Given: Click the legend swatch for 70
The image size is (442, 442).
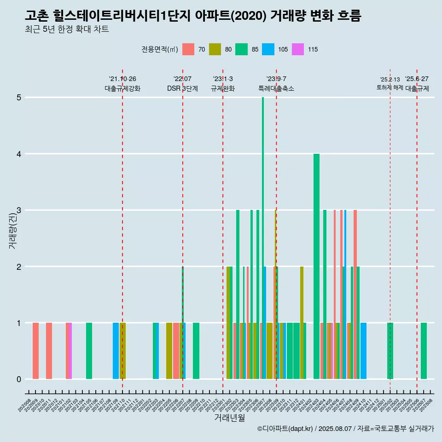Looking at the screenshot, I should coord(188,49).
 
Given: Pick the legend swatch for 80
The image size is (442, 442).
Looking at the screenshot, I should coord(215,49).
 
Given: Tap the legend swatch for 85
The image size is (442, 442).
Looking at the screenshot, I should coord(241,49).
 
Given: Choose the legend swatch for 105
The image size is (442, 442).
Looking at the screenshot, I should coord(268,49).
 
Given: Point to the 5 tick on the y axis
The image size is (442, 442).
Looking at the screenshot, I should coord(19,98).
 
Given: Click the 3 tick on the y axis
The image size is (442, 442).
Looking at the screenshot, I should coord(19,210).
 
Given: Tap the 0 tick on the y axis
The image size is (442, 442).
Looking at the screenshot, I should coord(19,379).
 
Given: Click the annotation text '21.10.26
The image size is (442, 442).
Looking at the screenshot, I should coord(122,79).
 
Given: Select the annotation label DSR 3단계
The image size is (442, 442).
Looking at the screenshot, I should coord(182,89).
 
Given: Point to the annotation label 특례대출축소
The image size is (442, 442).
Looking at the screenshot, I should coord(276,89).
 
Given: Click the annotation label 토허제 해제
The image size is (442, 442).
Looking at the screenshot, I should coord(390,87).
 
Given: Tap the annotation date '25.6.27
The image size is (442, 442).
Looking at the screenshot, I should coord(417,79).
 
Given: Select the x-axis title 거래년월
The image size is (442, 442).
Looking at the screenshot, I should coord(229,418).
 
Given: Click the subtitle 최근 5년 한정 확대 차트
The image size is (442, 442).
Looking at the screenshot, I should coord(67,29).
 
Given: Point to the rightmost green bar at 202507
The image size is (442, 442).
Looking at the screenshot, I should coord(424,351).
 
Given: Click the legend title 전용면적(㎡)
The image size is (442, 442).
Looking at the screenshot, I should coord(160,49).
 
